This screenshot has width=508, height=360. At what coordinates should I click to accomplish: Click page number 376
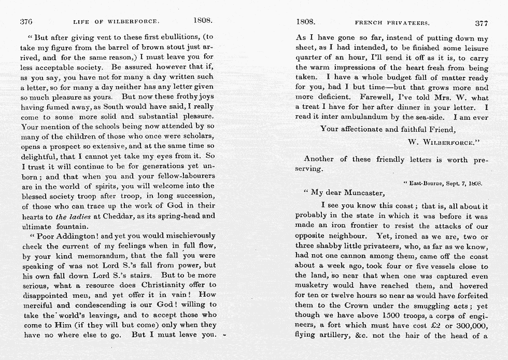tap(26, 22)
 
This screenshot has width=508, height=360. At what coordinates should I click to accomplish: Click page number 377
tap(482, 22)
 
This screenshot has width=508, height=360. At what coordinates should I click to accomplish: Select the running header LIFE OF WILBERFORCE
tap(116, 22)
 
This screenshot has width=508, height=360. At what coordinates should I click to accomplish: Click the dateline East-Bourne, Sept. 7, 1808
tap(443, 183)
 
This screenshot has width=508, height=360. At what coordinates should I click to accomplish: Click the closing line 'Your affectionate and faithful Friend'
tap(387, 129)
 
